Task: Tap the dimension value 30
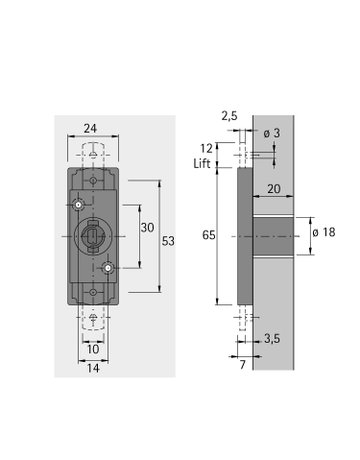coord(146,228)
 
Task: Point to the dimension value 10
coord(92,349)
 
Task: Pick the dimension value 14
coord(92,368)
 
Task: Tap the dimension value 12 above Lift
coord(207,149)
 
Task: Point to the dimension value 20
coord(273,188)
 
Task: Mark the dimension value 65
coord(207,235)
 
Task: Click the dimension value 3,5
coord(272,341)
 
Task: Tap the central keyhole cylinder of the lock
coord(93,237)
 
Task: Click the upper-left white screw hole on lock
coord(78,205)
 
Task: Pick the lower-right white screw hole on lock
coord(108,268)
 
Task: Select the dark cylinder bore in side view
coord(272,235)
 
